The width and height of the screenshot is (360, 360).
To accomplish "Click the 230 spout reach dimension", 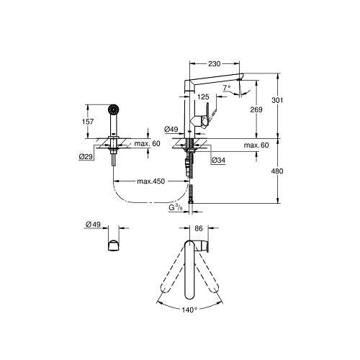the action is coord(214,64).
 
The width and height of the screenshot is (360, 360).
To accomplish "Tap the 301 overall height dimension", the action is coord(277,100).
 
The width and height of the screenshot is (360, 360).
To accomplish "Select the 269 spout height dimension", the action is coord(256,109).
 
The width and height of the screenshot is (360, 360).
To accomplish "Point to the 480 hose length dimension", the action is coord(277,171).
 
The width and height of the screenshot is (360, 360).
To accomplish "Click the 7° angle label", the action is coord(227,88).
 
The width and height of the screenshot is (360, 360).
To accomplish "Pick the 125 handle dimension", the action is coord(203,97).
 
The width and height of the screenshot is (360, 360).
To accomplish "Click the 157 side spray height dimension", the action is coord(88,122).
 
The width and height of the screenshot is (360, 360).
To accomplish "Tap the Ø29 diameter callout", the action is coord(86,157).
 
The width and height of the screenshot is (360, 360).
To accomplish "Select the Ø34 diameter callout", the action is coord(218,160).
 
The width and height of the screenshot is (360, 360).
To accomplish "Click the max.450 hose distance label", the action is coord(151,181).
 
